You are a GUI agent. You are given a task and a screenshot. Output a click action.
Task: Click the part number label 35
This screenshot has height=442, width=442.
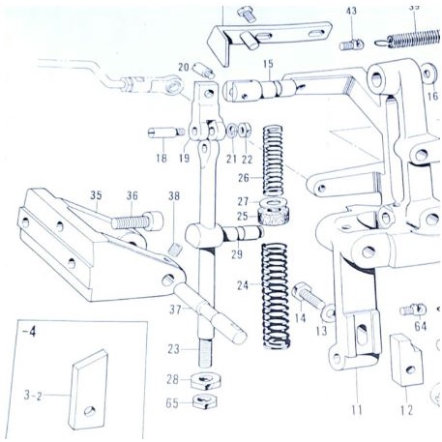96,195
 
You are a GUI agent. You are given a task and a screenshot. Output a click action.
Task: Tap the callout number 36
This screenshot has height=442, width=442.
133,195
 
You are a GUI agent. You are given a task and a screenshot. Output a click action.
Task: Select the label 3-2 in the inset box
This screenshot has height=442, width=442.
34,396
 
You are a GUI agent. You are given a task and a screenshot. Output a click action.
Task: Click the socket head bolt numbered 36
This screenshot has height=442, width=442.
135,221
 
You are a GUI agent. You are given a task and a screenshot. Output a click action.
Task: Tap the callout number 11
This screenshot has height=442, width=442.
356,410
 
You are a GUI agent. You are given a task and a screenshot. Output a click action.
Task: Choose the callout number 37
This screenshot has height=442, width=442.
174,310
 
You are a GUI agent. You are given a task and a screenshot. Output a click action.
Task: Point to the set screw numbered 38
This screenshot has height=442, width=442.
175,249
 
